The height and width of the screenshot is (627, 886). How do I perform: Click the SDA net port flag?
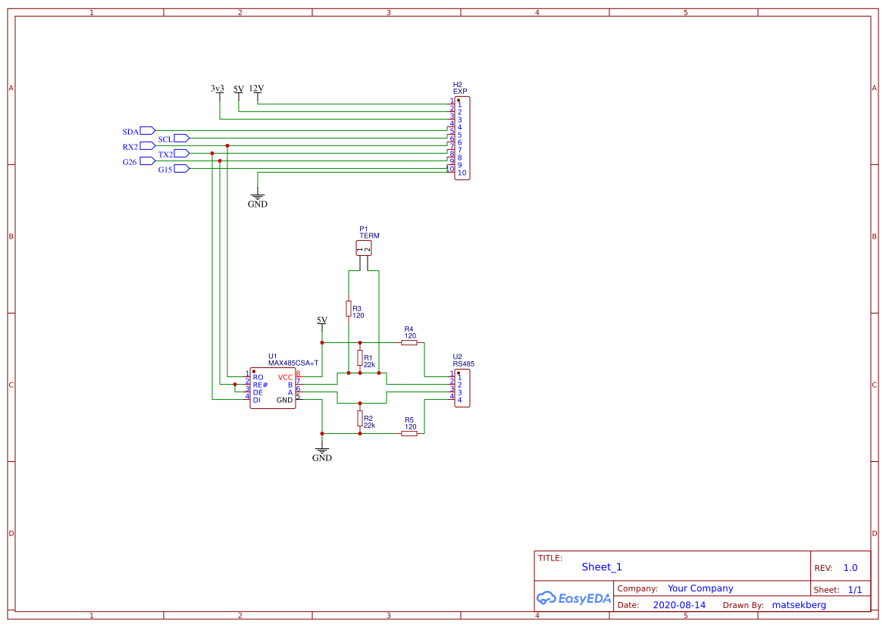tap(147, 131)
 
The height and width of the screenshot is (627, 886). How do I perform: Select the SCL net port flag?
tap(181, 139)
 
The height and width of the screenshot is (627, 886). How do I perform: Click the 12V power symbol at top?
tap(256, 89)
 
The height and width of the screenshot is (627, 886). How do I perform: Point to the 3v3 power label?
tap(218, 89)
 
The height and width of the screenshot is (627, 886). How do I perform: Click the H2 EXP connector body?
tap(462, 138)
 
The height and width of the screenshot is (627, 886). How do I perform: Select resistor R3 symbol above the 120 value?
tap(349, 308)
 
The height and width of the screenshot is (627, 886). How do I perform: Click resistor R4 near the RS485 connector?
tap(409, 342)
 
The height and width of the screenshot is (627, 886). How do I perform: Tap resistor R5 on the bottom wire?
tap(409, 433)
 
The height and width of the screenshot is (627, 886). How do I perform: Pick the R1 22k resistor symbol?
tap(360, 357)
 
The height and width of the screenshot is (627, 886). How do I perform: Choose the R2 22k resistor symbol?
tap(360, 418)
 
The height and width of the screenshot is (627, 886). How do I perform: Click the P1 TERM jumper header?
tap(364, 248)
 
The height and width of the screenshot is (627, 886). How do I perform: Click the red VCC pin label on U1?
tap(285, 377)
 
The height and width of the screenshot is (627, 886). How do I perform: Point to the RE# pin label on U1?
tap(260, 385)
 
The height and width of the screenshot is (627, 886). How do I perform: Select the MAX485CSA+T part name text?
tap(293, 363)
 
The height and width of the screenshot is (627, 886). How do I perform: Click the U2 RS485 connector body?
tap(462, 388)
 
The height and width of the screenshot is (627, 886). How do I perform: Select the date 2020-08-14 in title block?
tap(679, 605)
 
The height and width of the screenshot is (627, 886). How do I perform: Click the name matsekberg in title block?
tap(799, 605)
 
